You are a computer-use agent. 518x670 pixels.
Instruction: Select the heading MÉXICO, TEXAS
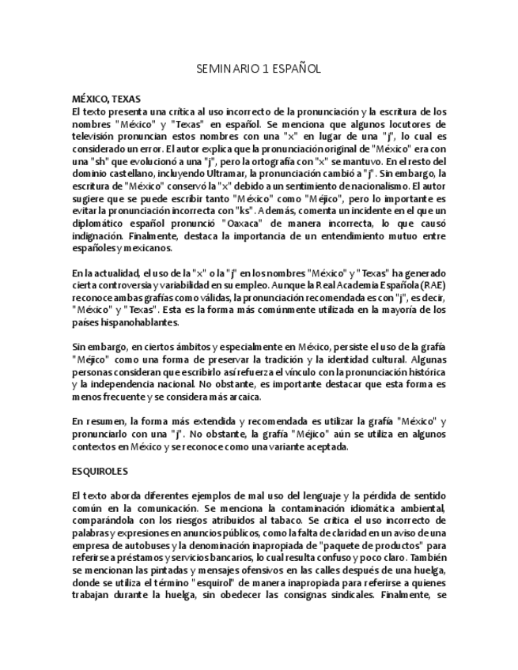coord(106,100)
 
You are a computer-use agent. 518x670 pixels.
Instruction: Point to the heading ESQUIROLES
coord(99,471)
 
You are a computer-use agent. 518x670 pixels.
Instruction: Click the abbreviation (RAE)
coord(433,285)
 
